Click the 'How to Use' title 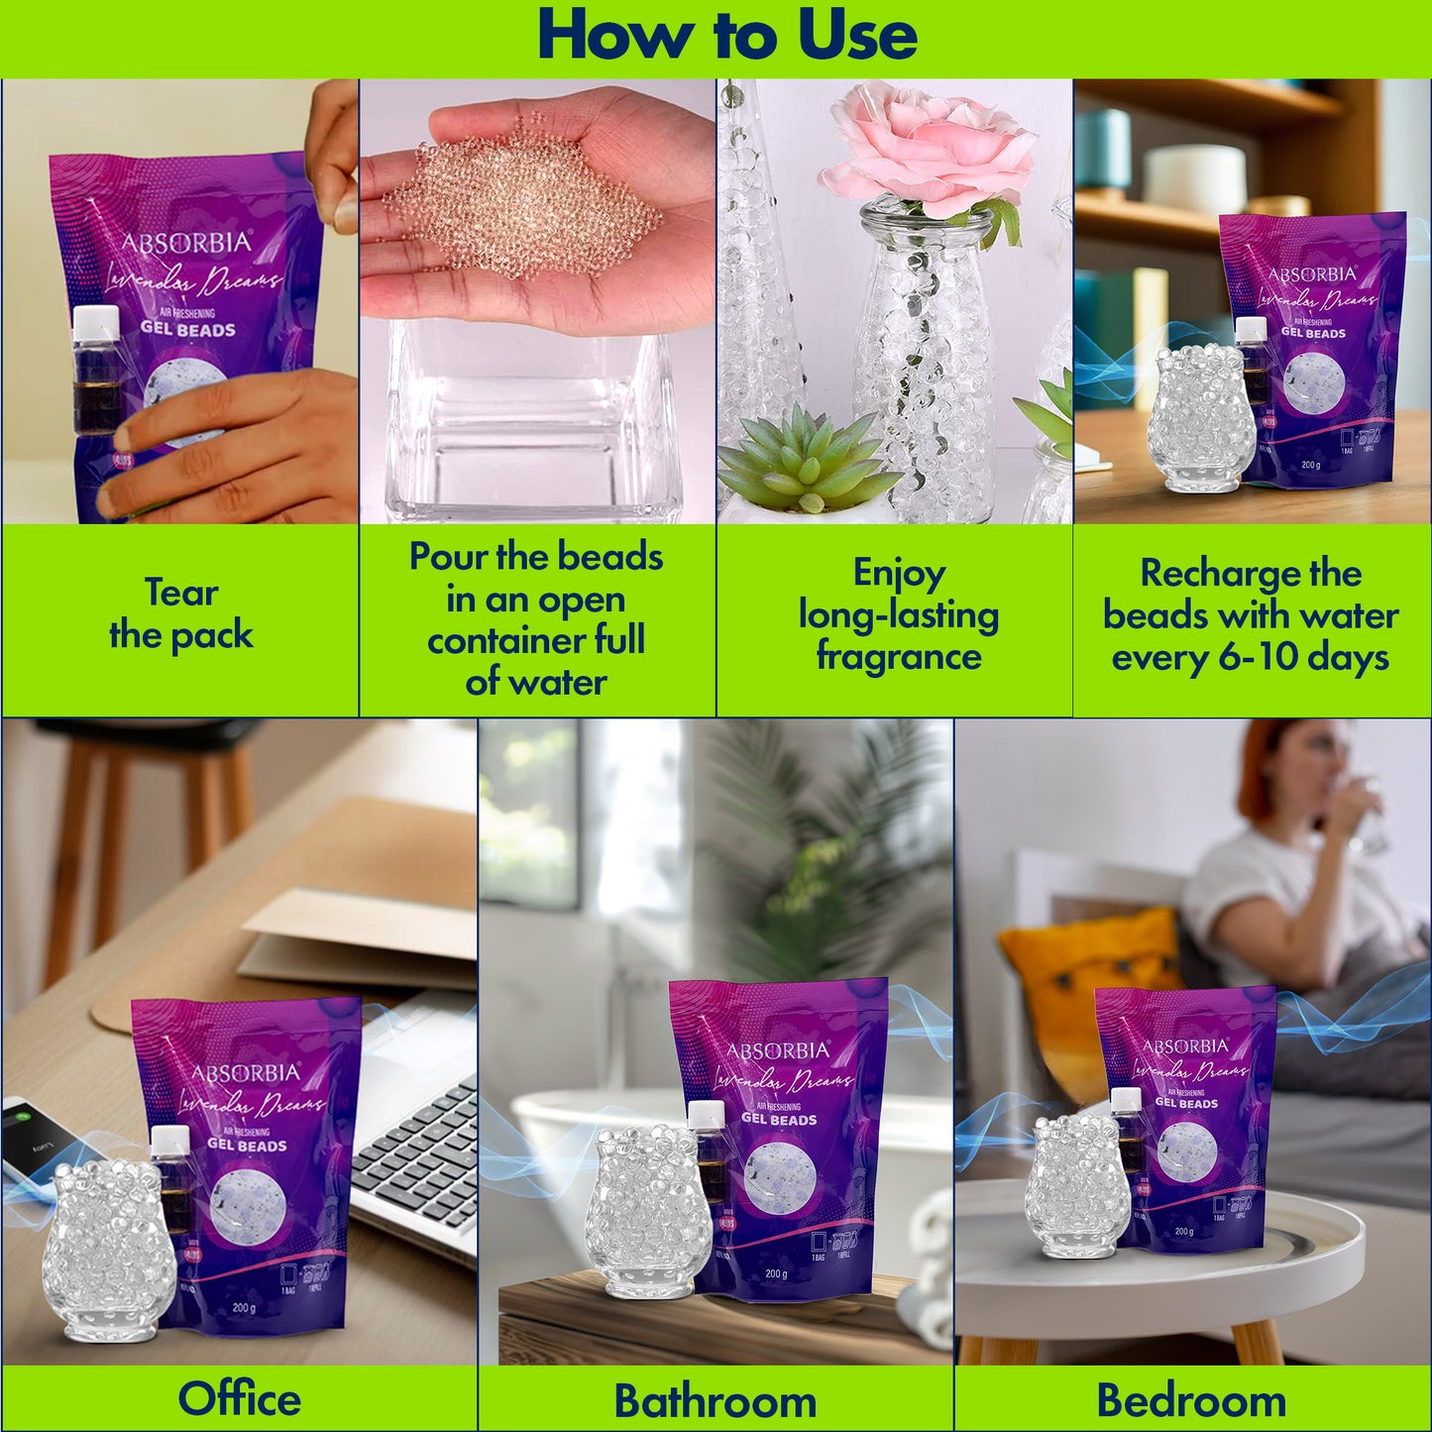pyautogui.click(x=726, y=36)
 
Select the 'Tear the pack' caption pyautogui.click(x=181, y=613)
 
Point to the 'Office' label pyautogui.click(x=239, y=1398)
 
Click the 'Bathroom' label pyautogui.click(x=715, y=1400)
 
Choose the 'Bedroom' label pyautogui.click(x=1191, y=1400)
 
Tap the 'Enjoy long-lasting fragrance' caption pyautogui.click(x=898, y=614)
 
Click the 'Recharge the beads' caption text pyautogui.click(x=1250, y=614)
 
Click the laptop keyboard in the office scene pyautogui.click(x=416, y=1159)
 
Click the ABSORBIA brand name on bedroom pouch pyautogui.click(x=1185, y=1046)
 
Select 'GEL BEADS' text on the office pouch pyautogui.click(x=247, y=1146)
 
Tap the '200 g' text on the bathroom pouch pyautogui.click(x=775, y=1274)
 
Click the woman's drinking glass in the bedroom pyautogui.click(x=1368, y=813)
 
